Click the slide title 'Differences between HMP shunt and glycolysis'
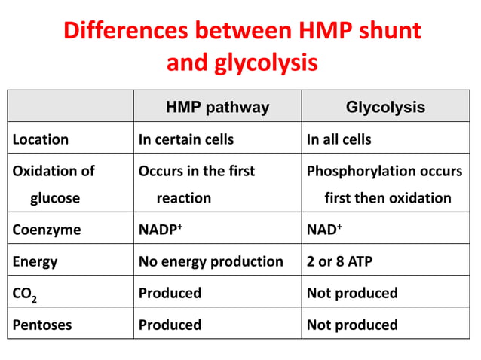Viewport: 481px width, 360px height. (241, 46)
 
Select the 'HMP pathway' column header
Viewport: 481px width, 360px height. (217, 107)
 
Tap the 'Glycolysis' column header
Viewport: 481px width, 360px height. (384, 107)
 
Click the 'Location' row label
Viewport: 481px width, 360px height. (41, 139)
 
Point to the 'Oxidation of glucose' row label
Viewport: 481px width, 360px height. (54, 185)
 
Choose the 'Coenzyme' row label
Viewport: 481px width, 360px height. (46, 230)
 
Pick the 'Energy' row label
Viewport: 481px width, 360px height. (35, 261)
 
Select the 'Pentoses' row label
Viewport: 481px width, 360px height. (43, 325)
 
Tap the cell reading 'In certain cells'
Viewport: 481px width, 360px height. (186, 139)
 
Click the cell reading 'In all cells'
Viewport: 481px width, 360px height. (339, 139)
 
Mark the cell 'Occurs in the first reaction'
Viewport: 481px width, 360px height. (196, 185)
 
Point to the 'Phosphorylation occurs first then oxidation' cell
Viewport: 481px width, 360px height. (384, 185)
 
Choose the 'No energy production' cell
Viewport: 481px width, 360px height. (211, 261)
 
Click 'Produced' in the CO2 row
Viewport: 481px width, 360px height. (170, 293)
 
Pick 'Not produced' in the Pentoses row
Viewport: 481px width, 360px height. (351, 325)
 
